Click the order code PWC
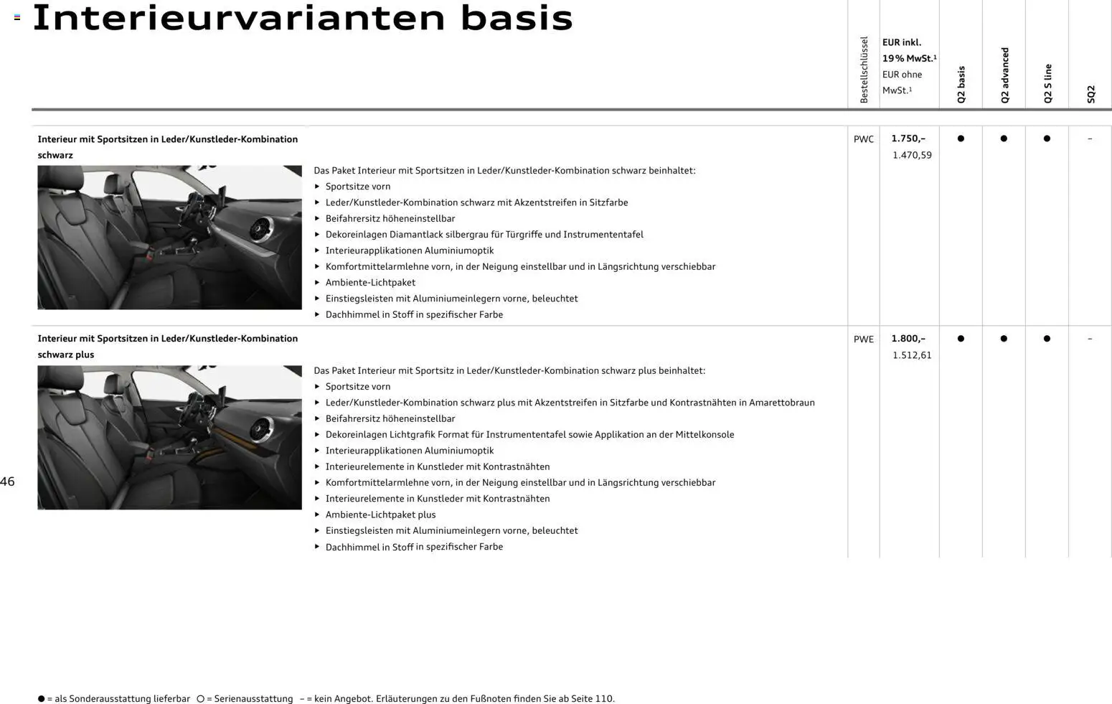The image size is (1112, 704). pyautogui.click(x=863, y=139)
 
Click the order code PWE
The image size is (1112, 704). pyautogui.click(x=863, y=339)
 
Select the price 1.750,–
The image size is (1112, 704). pyautogui.click(x=908, y=139)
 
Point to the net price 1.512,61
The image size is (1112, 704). pyautogui.click(x=912, y=355)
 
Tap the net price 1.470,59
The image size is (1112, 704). pyautogui.click(x=912, y=155)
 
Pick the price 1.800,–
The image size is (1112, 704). pyautogui.click(x=908, y=339)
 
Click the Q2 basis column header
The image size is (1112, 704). pyautogui.click(x=961, y=84)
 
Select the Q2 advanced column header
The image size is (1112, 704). pyautogui.click(x=1004, y=75)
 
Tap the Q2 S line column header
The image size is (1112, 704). pyautogui.click(x=1047, y=83)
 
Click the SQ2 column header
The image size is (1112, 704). pyautogui.click(x=1090, y=94)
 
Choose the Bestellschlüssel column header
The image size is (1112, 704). pyautogui.click(x=864, y=70)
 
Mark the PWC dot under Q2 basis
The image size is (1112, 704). pyautogui.click(x=961, y=139)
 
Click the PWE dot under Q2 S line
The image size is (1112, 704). pyautogui.click(x=1047, y=339)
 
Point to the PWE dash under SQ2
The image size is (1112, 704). pyautogui.click(x=1090, y=339)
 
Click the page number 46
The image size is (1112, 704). pyautogui.click(x=7, y=482)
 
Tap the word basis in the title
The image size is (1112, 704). pyautogui.click(x=517, y=19)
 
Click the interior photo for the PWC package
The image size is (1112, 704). pyautogui.click(x=169, y=238)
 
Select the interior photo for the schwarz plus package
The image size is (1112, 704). pyautogui.click(x=169, y=438)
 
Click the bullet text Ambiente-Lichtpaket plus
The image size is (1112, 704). pyautogui.click(x=380, y=515)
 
